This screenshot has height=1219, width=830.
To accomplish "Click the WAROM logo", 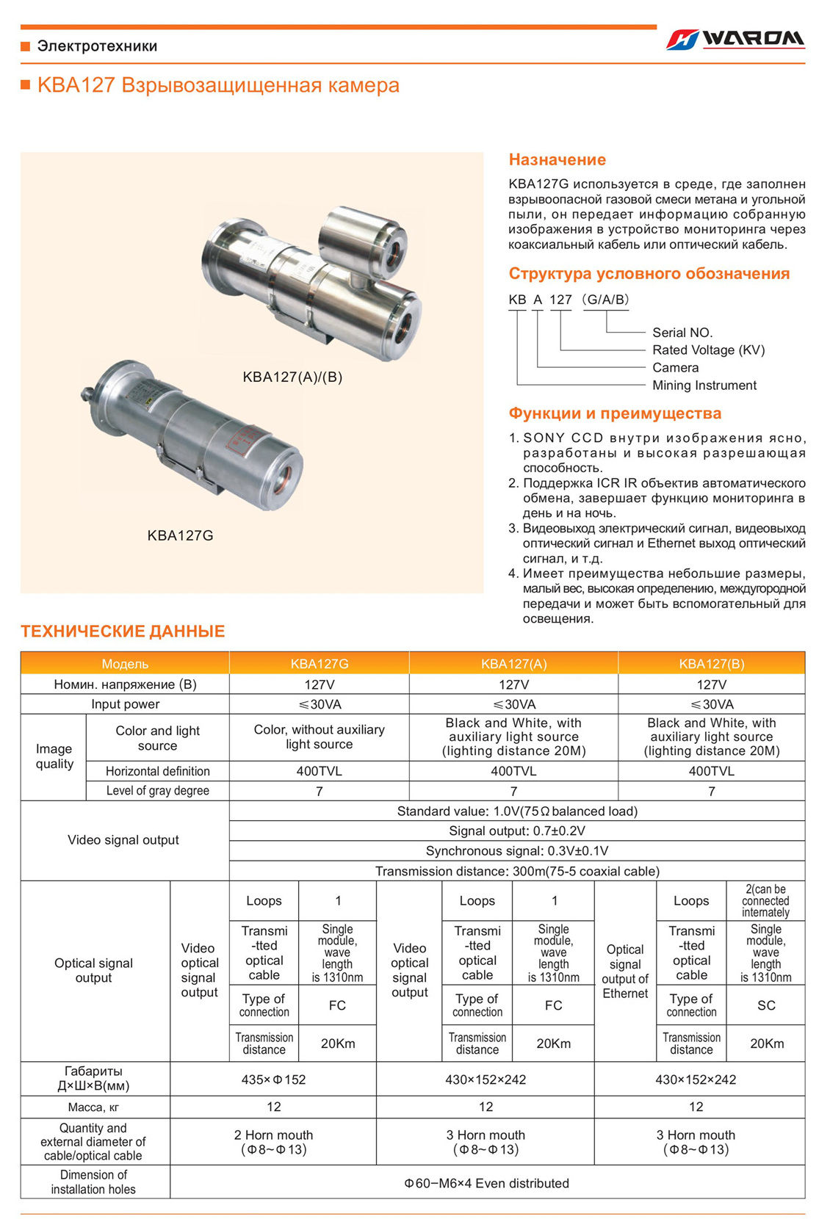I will pyautogui.click(x=735, y=39).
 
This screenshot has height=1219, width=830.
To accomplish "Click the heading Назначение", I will pyautogui.click(x=557, y=159).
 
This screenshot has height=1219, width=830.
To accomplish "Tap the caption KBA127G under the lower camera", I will pyautogui.click(x=180, y=535).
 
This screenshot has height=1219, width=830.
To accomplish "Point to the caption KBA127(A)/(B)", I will pyautogui.click(x=292, y=377).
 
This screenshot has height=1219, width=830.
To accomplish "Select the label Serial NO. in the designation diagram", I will pyautogui.click(x=682, y=333).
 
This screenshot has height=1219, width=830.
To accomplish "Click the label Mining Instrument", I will pyautogui.click(x=704, y=386).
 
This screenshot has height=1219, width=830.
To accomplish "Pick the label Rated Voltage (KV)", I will pyautogui.click(x=708, y=350).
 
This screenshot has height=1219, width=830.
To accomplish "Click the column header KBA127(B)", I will pyautogui.click(x=711, y=664).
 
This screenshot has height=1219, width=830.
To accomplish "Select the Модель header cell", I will pyautogui.click(x=125, y=664).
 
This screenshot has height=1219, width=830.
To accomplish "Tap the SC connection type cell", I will pyautogui.click(x=765, y=1005).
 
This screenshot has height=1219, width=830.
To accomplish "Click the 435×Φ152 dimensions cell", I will pyautogui.click(x=273, y=1079).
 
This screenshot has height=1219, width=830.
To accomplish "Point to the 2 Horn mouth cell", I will pyautogui.click(x=273, y=1142).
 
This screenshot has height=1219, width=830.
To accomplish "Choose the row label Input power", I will pyautogui.click(x=125, y=704).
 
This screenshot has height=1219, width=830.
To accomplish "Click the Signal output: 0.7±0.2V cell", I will pyautogui.click(x=516, y=831).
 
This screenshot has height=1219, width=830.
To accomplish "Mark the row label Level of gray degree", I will pyautogui.click(x=157, y=791).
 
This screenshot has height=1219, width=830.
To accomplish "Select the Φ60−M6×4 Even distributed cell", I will pyautogui.click(x=486, y=1183).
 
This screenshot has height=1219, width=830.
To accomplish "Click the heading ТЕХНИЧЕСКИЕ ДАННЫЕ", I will pyautogui.click(x=123, y=632).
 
